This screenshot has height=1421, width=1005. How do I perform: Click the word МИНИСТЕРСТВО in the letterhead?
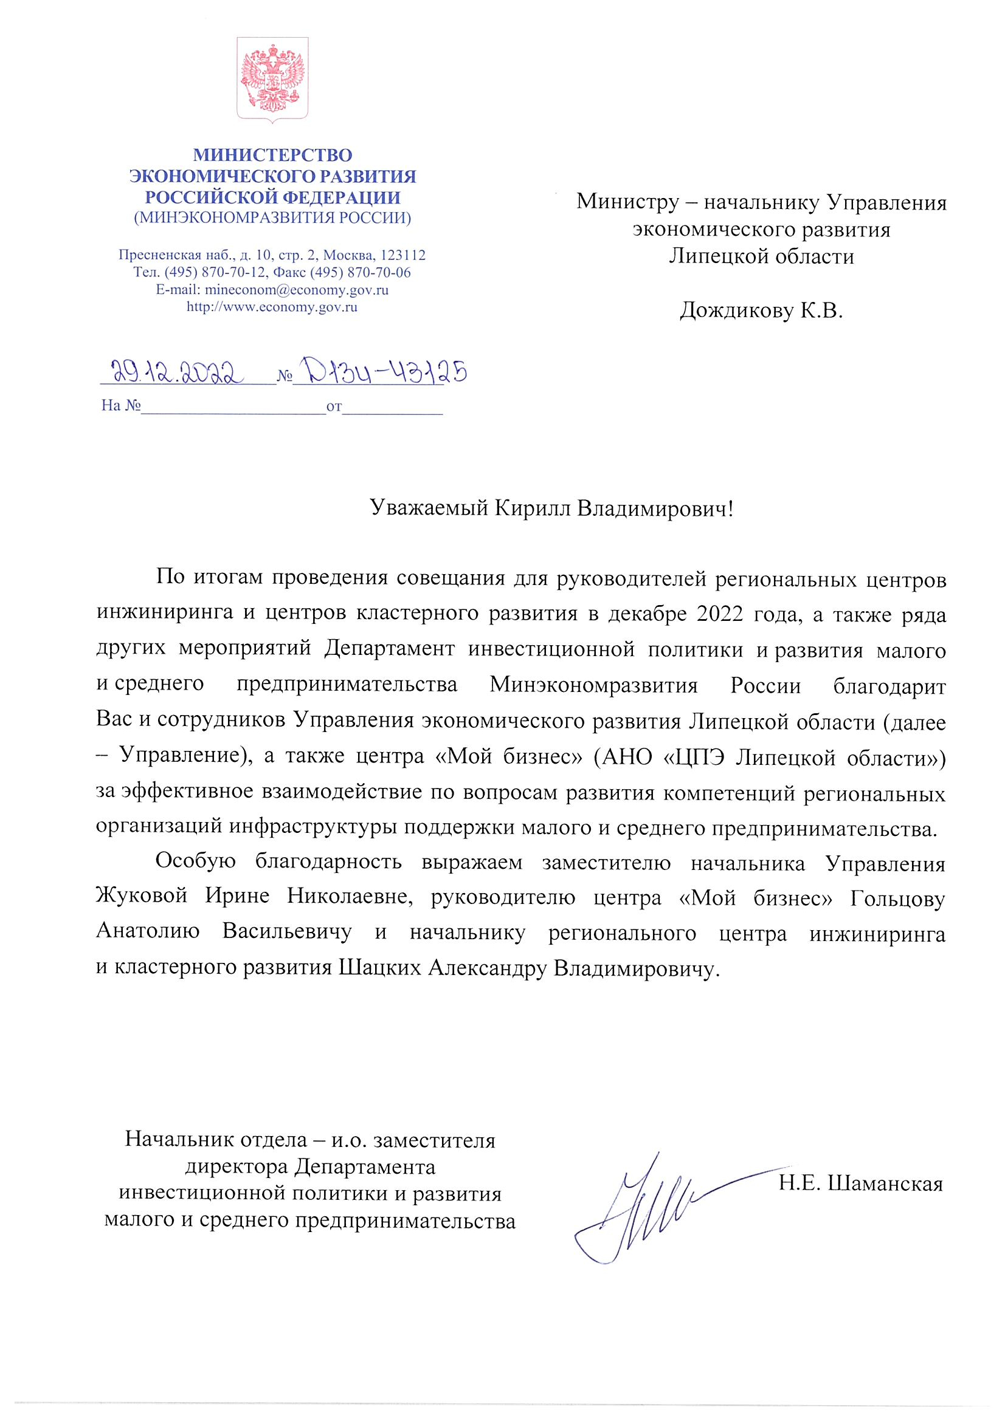tap(272, 155)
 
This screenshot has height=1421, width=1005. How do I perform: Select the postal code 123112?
tap(402, 255)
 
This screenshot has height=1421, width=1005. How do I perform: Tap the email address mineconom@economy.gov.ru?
tap(297, 290)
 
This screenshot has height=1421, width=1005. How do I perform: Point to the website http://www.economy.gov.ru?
tap(272, 307)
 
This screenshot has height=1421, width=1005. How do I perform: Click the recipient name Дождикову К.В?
tap(761, 310)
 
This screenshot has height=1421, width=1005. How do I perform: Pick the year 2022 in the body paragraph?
tap(719, 615)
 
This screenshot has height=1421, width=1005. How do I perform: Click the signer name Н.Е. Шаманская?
tap(861, 1184)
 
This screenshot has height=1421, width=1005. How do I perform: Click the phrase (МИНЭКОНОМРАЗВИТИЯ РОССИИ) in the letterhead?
tap(272, 218)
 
